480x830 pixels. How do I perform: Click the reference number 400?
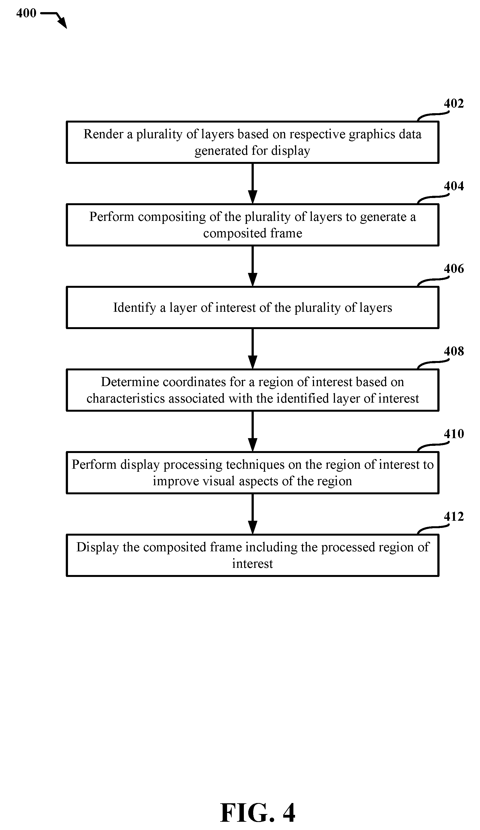[26, 13]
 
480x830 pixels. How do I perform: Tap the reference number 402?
[454, 104]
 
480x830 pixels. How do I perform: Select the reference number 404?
[454, 186]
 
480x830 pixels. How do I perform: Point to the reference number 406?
[454, 269]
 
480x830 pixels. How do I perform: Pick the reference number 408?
[454, 351]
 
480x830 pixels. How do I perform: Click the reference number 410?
[454, 434]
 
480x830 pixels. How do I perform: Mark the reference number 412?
[454, 517]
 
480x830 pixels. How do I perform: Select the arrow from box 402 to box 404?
[252, 183]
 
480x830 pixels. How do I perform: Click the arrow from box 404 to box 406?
[252, 266]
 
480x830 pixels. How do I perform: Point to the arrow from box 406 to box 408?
[252, 349]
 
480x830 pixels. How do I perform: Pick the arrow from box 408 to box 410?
[252, 432]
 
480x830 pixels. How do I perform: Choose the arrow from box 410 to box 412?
[252, 514]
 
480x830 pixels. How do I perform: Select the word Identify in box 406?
[135, 308]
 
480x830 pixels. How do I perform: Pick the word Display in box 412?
[97, 547]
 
